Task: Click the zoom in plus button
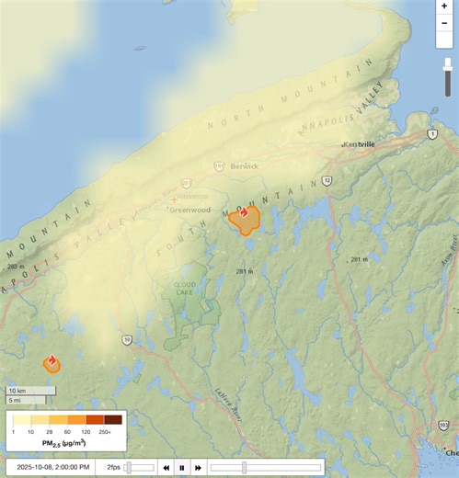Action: (445, 6)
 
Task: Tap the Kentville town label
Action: (359, 145)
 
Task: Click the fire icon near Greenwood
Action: (244, 212)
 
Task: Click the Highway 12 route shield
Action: (327, 181)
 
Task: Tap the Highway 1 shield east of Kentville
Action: (431, 134)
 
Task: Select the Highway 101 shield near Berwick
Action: (218, 166)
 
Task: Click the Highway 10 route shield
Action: (127, 339)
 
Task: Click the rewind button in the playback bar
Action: (166, 467)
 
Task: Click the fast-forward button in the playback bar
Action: (198, 467)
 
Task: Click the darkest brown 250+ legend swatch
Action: (113, 420)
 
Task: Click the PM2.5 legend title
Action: (63, 443)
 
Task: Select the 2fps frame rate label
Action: (114, 467)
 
